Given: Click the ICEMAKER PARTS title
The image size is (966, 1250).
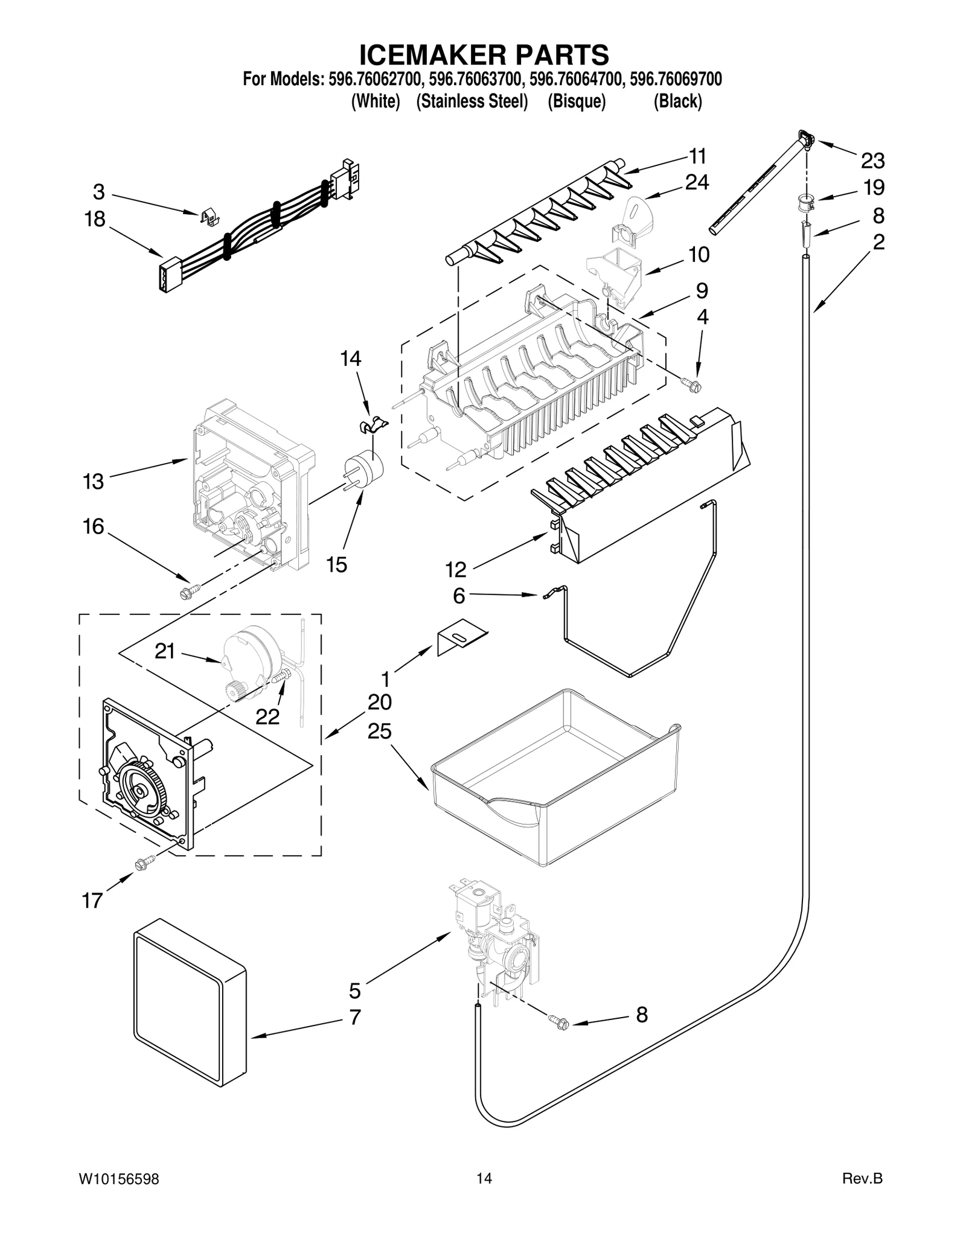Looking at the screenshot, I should coord(484,54).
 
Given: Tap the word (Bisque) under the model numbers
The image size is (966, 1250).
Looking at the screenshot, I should coord(576,101).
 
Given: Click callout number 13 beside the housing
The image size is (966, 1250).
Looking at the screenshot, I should coord(94,482).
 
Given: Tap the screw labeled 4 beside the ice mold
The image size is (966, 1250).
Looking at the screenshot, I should coord(689,382).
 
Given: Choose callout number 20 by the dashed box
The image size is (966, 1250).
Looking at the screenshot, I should coord(380,702).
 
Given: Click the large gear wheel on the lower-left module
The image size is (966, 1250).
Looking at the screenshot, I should coord(141,792).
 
